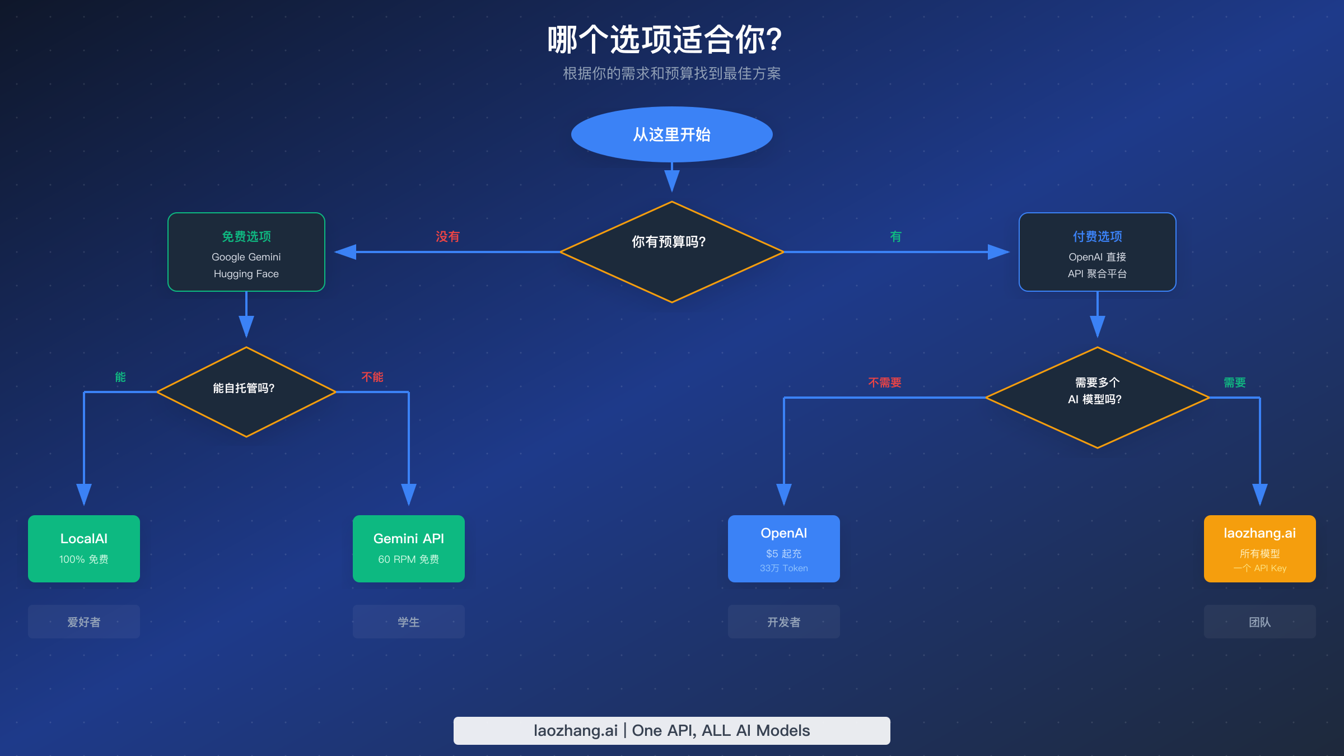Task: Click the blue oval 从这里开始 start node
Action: click(671, 134)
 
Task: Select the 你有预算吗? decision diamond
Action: click(671, 251)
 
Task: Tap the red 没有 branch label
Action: click(447, 237)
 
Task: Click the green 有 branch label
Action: click(895, 237)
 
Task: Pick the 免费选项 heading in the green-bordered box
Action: click(246, 236)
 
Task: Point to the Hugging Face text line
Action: click(246, 274)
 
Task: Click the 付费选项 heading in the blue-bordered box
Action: click(1097, 236)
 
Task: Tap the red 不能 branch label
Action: click(372, 377)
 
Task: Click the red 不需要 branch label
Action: click(884, 382)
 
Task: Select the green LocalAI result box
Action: click(84, 548)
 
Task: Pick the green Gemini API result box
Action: click(409, 548)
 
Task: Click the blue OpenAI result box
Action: click(783, 548)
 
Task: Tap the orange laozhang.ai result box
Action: click(1259, 548)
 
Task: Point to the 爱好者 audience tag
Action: click(84, 622)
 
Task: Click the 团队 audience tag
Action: click(1259, 622)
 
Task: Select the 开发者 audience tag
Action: click(783, 622)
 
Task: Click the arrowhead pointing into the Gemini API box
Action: click(409, 494)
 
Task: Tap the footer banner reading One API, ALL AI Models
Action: click(671, 730)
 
